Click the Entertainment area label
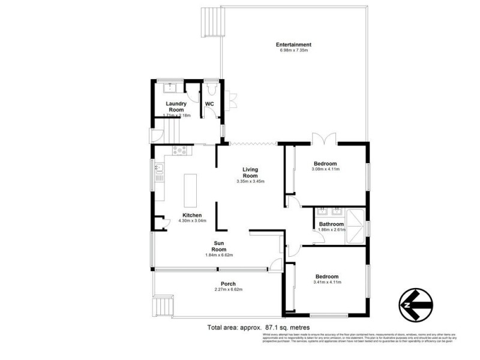click(293, 44)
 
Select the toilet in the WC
click(211, 89)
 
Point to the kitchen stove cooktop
click(179, 150)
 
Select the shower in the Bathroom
click(356, 224)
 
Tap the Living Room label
click(250, 172)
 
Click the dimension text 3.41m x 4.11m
click(328, 282)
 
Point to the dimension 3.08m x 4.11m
click(325, 169)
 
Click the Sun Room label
click(219, 246)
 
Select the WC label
click(209, 104)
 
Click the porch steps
click(164, 307)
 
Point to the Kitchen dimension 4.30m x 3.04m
click(193, 221)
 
